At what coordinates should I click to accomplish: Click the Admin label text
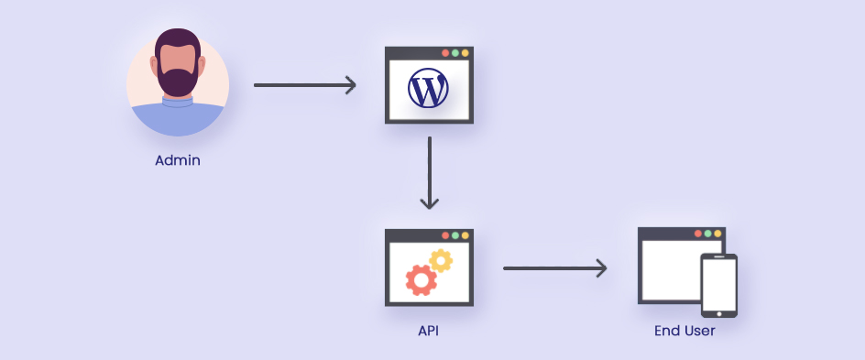[178, 160]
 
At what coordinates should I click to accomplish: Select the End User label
[684, 331]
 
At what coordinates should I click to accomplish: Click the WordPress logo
[428, 90]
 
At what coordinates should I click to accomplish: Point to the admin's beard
[178, 81]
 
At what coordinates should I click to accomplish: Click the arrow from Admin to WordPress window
[304, 86]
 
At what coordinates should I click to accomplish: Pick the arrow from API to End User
[555, 268]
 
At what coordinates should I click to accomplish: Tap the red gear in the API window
[421, 279]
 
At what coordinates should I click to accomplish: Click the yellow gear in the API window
[442, 260]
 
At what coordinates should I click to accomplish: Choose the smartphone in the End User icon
[718, 284]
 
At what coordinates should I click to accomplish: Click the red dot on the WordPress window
[445, 53]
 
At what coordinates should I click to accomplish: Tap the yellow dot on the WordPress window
[465, 53]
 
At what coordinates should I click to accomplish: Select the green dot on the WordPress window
[455, 53]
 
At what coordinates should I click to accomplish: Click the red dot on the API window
[445, 235]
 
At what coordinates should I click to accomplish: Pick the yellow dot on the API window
[465, 235]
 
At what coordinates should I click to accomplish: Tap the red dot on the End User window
[698, 234]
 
